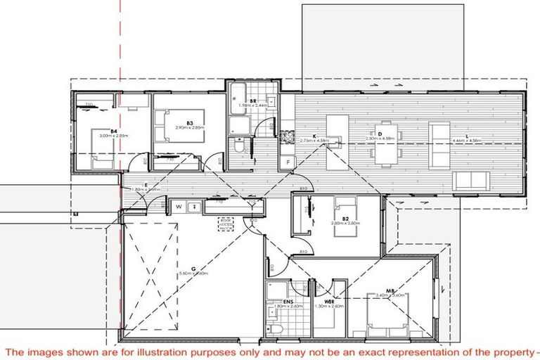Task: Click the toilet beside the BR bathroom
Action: pos(239,149)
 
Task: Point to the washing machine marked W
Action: pos(179,206)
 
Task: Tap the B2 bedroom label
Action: pos(346,219)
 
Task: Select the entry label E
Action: pos(144,184)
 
